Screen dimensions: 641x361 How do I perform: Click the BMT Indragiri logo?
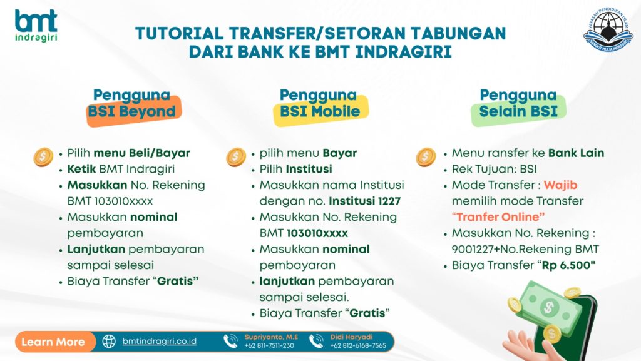36,25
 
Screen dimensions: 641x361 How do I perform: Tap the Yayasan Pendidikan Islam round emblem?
608,30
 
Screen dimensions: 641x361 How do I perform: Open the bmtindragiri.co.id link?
160,342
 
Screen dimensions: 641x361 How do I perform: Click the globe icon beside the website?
109,342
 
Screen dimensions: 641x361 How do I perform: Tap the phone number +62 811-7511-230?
269,346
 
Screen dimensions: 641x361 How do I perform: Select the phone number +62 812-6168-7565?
358,346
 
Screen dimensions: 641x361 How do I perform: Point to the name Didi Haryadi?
352,337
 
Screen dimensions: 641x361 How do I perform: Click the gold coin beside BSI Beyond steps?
43,157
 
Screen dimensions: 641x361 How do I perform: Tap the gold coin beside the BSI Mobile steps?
236,157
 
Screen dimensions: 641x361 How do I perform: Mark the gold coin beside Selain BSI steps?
426,157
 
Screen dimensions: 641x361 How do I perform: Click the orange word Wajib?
560,185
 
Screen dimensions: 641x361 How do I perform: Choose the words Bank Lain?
576,153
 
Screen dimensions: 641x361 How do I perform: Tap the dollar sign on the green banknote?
548,307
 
